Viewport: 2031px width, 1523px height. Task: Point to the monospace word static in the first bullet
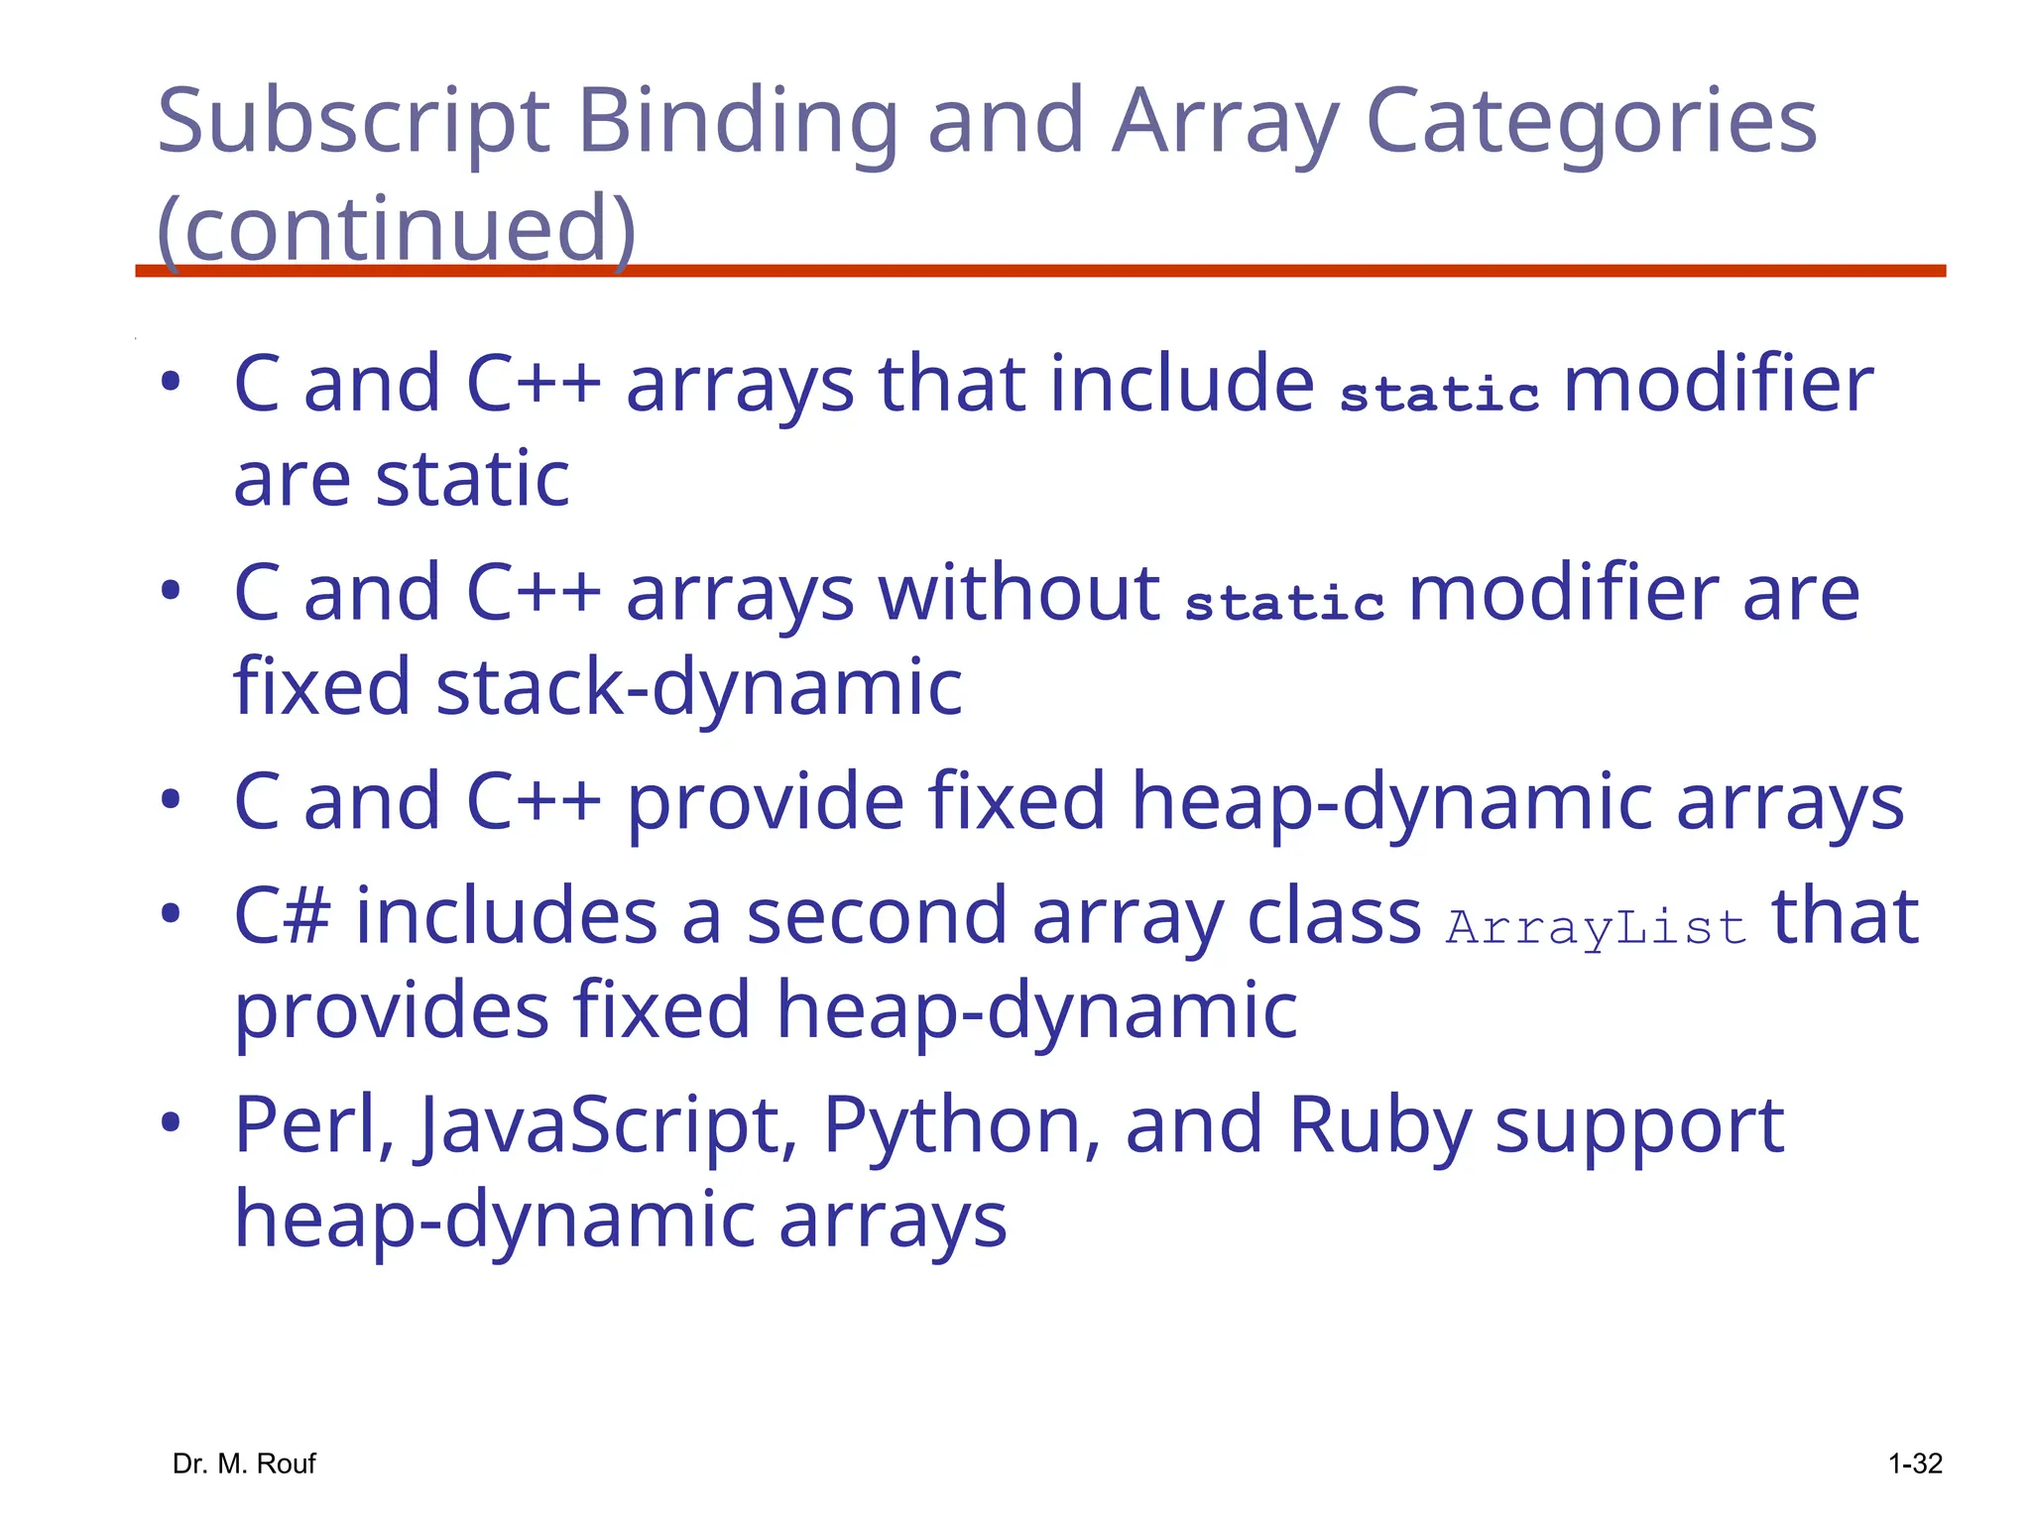click(x=1439, y=394)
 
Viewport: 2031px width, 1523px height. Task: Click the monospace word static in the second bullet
click(x=1284, y=603)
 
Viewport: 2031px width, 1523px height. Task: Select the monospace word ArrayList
click(x=1596, y=928)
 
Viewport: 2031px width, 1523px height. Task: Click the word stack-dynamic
click(x=698, y=687)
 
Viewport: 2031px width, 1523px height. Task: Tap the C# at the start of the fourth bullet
click(x=282, y=916)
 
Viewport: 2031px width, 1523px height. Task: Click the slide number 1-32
click(x=1915, y=1464)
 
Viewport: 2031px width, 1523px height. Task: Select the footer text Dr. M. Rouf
click(x=244, y=1464)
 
